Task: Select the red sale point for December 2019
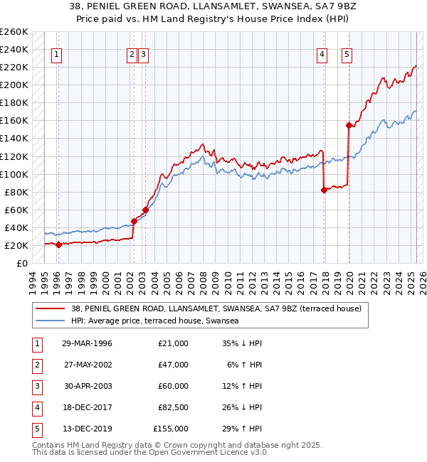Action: pos(349,125)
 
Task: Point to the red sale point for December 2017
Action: pos(324,190)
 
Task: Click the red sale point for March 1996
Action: pos(58,245)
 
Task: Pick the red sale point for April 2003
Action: pos(145,210)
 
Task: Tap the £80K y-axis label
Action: pos(16,192)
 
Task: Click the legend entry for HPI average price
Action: pos(154,321)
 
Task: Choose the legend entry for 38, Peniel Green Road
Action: pos(217,308)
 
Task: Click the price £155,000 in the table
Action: pos(171,429)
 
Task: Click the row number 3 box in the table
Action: pos(36,386)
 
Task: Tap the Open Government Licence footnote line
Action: pos(151,452)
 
